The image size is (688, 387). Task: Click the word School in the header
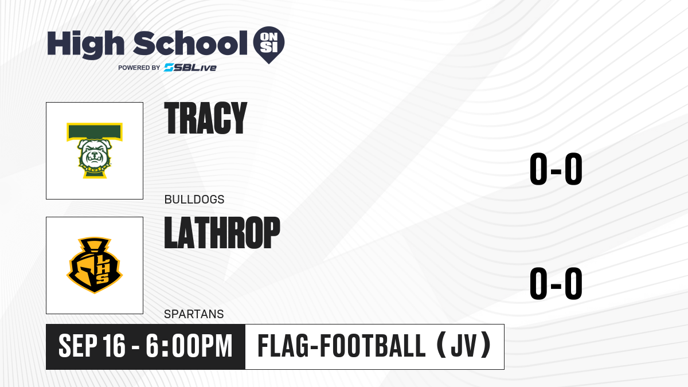pyautogui.click(x=190, y=43)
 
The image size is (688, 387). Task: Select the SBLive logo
pyautogui.click(x=190, y=67)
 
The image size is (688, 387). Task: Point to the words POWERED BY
pyautogui.click(x=139, y=68)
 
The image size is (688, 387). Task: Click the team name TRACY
pyautogui.click(x=205, y=118)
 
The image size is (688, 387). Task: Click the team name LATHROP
pyautogui.click(x=222, y=232)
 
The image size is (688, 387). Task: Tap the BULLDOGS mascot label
pyautogui.click(x=194, y=200)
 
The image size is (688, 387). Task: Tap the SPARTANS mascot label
pyautogui.click(x=194, y=314)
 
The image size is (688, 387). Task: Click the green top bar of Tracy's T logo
pyautogui.click(x=95, y=132)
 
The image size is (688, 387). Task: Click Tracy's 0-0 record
pyautogui.click(x=556, y=169)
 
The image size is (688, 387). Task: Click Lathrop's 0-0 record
pyautogui.click(x=556, y=283)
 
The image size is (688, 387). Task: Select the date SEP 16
pyautogui.click(x=92, y=346)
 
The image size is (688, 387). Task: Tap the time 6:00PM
pyautogui.click(x=189, y=346)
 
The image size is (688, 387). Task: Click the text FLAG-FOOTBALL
pyautogui.click(x=342, y=346)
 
